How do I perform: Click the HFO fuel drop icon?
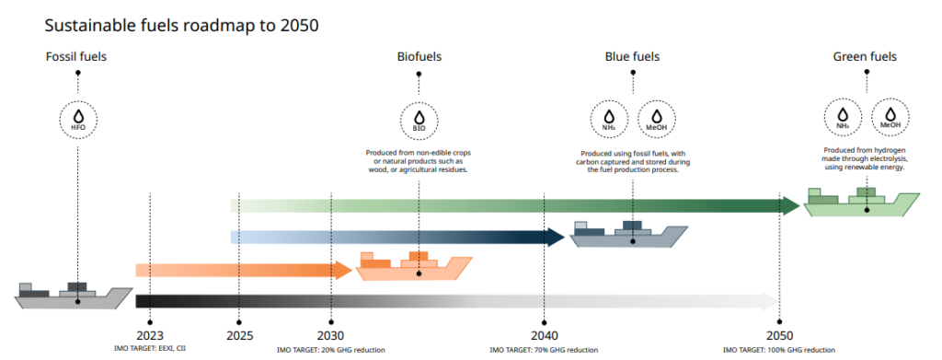[x=77, y=119]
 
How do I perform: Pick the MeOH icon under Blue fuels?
[x=656, y=119]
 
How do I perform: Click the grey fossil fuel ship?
[x=74, y=296]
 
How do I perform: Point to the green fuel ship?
[x=862, y=203]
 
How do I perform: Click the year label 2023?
[x=149, y=335]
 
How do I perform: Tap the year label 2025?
[x=239, y=335]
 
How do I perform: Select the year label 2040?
[x=544, y=335]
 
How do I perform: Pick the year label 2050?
[x=779, y=335]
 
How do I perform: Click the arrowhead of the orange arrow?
[x=342, y=270]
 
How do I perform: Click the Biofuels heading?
[x=419, y=57]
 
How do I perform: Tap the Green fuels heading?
[x=866, y=57]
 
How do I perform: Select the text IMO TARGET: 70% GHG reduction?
[x=544, y=350]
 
